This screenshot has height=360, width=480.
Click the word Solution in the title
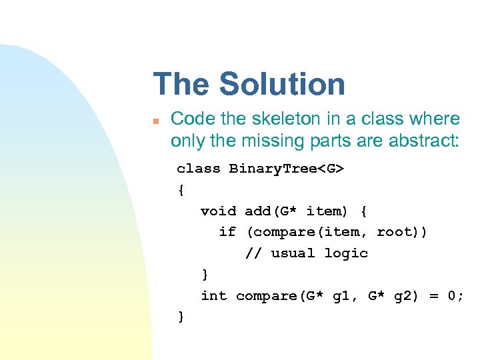[282, 85]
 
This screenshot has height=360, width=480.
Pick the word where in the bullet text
[436, 119]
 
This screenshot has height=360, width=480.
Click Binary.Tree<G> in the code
[287, 169]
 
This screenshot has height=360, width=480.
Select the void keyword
[218, 211]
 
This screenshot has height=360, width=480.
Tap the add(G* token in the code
[271, 211]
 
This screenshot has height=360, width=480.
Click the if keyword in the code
[227, 232]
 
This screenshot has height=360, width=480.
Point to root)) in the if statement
[402, 232]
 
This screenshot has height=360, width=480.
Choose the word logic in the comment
[346, 253]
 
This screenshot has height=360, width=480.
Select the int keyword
[213, 295]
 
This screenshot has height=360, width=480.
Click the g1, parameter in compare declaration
[345, 295]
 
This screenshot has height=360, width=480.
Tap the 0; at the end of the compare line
[456, 295]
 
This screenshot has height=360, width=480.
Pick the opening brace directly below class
[181, 190]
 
